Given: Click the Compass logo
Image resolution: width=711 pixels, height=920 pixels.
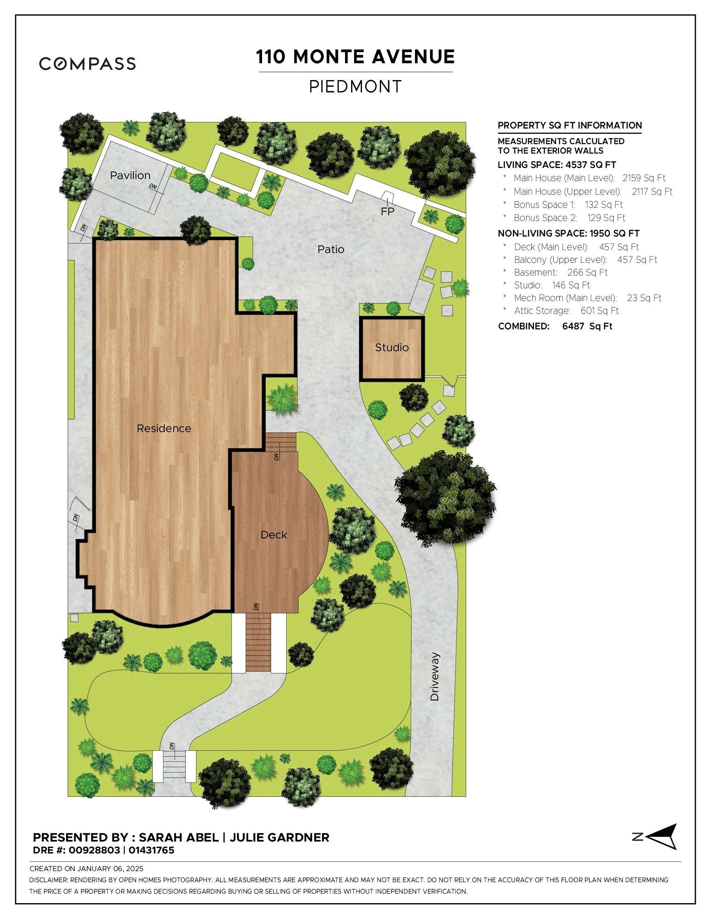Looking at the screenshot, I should click(87, 64).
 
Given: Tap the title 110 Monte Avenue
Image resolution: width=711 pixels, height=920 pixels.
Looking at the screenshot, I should click(356, 57).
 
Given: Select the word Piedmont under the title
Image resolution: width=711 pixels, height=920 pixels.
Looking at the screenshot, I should click(356, 87).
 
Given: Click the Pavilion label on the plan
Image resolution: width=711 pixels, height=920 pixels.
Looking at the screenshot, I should click(130, 175).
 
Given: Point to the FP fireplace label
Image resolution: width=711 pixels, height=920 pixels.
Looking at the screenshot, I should click(387, 212).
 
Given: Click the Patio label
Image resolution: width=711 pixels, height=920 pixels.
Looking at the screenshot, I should click(331, 249).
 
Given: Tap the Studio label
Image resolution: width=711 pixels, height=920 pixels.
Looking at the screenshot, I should click(392, 347).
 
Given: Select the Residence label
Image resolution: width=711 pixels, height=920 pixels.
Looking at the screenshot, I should click(164, 428).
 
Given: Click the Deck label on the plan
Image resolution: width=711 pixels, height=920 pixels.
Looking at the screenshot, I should click(274, 535).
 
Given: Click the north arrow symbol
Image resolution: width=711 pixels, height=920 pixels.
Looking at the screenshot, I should click(662, 837).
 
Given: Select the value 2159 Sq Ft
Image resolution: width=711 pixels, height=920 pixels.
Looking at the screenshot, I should click(644, 178).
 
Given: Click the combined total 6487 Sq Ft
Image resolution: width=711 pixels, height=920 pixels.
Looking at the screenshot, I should click(587, 327).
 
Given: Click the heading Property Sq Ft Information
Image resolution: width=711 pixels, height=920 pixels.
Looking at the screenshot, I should click(569, 126).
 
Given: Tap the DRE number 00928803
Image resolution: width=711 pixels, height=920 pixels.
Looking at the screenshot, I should click(94, 850).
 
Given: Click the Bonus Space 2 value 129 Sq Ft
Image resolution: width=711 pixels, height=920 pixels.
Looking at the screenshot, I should click(606, 218).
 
